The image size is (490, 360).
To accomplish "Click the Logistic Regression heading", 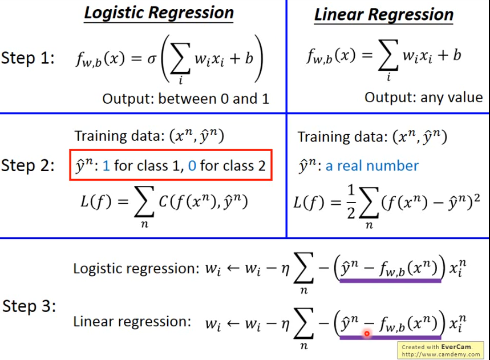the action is [159, 13].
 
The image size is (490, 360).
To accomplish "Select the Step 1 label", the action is [28, 58].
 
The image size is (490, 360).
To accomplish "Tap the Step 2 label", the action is [28, 165].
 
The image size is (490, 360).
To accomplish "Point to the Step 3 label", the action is [29, 306].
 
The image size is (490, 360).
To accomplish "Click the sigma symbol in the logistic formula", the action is [151, 58].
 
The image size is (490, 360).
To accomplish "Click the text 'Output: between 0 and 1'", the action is [185, 99].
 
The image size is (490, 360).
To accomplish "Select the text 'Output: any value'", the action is [423, 98].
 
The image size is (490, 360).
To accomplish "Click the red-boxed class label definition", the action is [171, 165].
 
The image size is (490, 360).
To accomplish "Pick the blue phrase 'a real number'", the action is [372, 166].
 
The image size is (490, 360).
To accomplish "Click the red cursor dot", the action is [367, 333].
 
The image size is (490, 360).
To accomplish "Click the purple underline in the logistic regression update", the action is [390, 280].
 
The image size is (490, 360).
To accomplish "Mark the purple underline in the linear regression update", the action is [390, 337].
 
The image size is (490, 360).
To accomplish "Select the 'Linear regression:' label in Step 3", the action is [132, 321].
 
